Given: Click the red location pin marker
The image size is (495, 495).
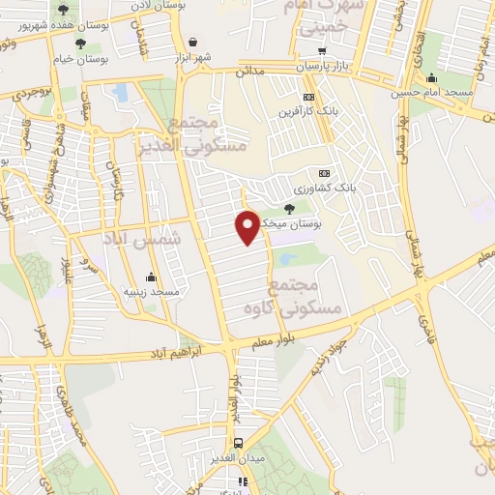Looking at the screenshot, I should click(247, 226).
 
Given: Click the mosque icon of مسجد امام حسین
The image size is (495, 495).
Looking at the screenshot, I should click(429, 77).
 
